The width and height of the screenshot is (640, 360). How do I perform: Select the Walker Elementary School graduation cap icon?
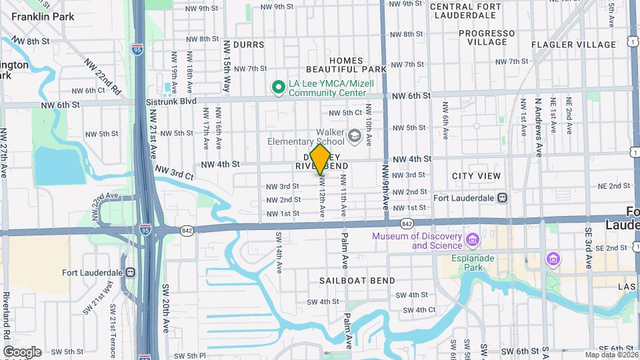pyautogui.click(x=355, y=137)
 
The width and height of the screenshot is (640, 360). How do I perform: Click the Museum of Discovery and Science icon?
pyautogui.click(x=473, y=239)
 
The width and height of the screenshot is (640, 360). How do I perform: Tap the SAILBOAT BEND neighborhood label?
pyautogui.click(x=357, y=280)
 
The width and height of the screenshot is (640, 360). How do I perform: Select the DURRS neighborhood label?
pyautogui.click(x=248, y=45)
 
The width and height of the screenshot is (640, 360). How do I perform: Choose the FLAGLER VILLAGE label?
pyautogui.click(x=574, y=45)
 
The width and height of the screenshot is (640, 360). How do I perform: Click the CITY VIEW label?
pyautogui.click(x=476, y=176)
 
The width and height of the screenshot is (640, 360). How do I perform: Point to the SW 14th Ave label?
pyautogui.click(x=278, y=253)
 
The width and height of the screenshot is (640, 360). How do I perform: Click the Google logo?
pyautogui.click(x=22, y=352)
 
